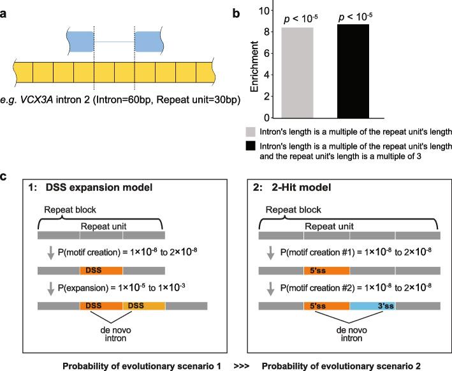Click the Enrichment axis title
(x=253, y=64)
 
